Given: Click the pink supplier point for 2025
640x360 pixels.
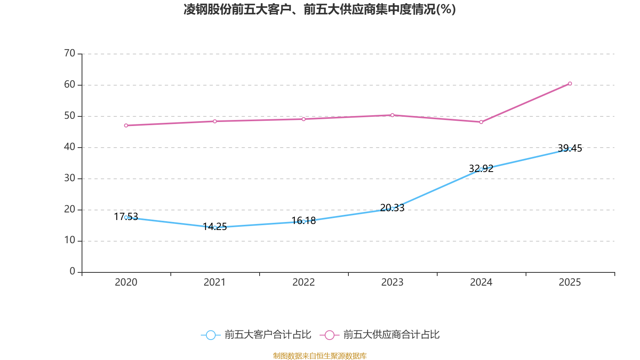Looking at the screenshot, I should (x=570, y=84).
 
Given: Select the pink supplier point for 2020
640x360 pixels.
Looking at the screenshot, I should (x=126, y=126).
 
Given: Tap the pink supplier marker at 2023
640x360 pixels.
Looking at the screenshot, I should (x=392, y=115).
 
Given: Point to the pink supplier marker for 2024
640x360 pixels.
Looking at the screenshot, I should (x=481, y=122).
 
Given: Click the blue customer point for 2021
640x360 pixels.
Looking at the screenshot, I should (x=215, y=228).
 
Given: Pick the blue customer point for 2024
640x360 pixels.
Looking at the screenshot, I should (x=481, y=169).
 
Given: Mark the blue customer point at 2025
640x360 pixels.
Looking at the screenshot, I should (x=570, y=149).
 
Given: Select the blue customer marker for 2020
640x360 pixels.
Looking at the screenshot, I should (x=126, y=217).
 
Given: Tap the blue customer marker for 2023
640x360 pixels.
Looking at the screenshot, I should (x=392, y=208).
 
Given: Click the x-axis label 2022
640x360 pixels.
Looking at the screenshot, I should (x=304, y=282).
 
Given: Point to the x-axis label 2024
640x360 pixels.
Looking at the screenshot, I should (x=481, y=282).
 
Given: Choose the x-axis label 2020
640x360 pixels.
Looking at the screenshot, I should (x=126, y=282).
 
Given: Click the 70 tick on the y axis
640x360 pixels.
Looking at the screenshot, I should (x=70, y=53).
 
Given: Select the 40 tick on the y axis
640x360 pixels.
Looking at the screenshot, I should (x=70, y=147).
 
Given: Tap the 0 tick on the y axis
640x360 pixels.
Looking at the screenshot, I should (x=72, y=272).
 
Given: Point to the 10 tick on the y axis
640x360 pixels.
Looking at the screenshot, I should (x=70, y=240).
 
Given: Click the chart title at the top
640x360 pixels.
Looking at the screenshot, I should (x=320, y=10).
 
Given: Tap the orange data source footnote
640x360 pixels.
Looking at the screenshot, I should (x=320, y=356).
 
